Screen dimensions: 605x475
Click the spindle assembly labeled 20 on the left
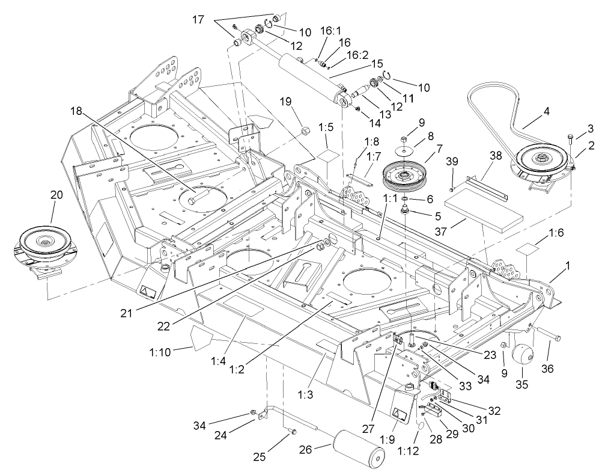[42, 247]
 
